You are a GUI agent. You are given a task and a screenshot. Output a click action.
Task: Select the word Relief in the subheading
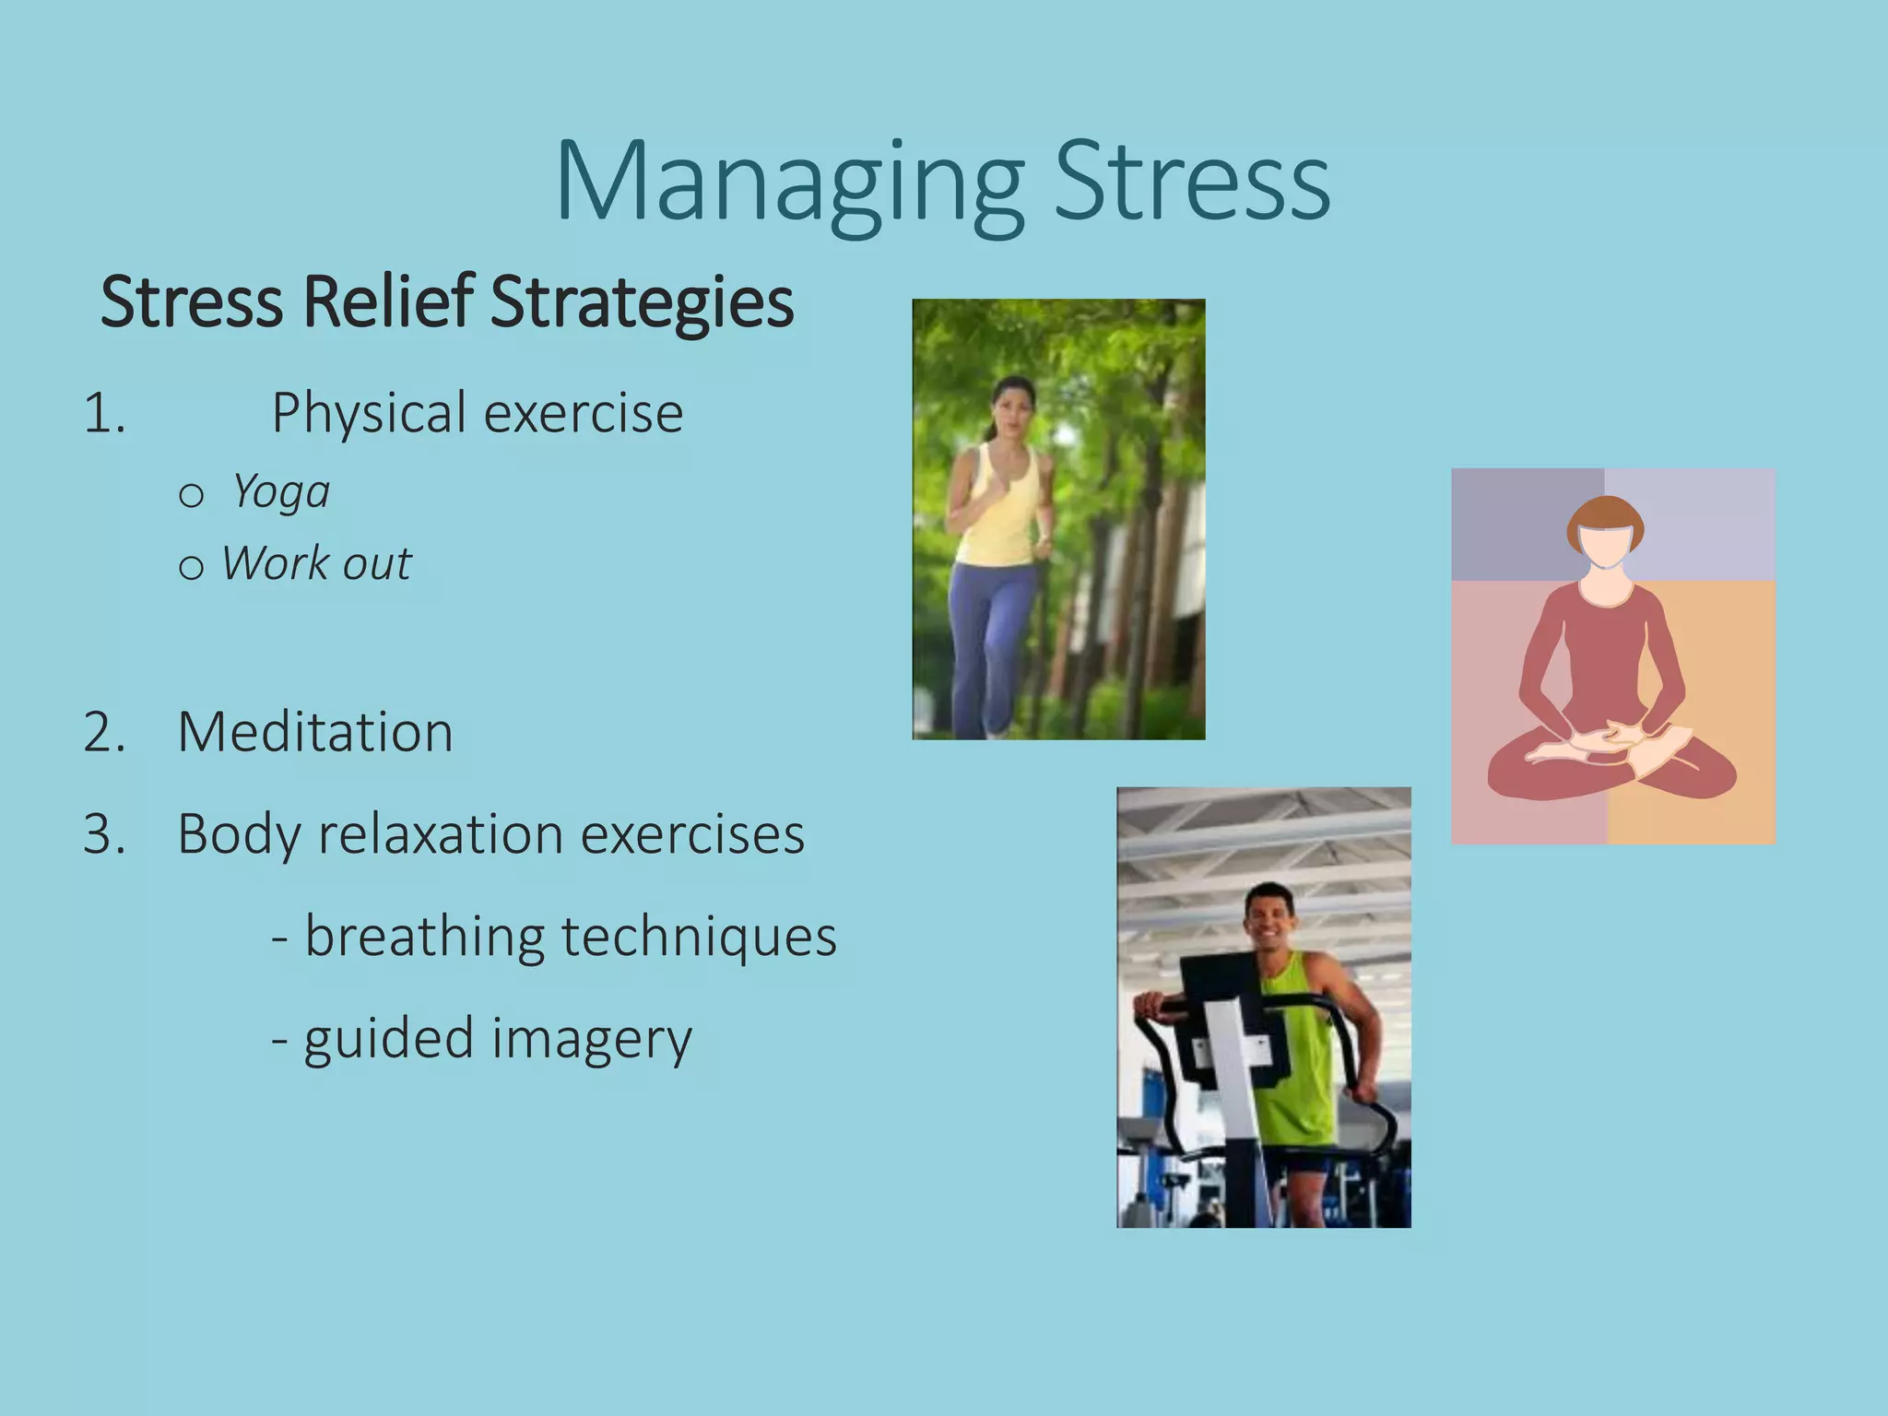(x=388, y=301)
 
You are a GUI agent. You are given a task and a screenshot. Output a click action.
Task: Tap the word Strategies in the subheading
(x=642, y=301)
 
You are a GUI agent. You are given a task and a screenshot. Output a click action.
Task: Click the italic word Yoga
(x=280, y=491)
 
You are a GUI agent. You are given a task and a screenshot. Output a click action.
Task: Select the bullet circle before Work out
(x=191, y=567)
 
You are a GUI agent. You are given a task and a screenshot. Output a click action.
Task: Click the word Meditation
(x=315, y=732)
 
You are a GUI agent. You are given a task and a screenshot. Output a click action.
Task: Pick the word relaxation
(x=441, y=834)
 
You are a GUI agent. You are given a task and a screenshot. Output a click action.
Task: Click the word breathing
(x=424, y=937)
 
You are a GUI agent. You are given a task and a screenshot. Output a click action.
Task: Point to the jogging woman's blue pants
(x=991, y=636)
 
